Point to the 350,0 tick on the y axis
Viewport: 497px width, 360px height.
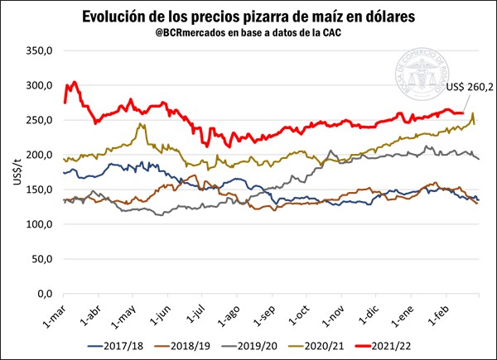coord(39,51)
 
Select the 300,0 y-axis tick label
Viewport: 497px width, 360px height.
coord(39,86)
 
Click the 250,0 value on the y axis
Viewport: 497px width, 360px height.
coord(39,121)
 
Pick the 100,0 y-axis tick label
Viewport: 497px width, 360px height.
coord(39,225)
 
